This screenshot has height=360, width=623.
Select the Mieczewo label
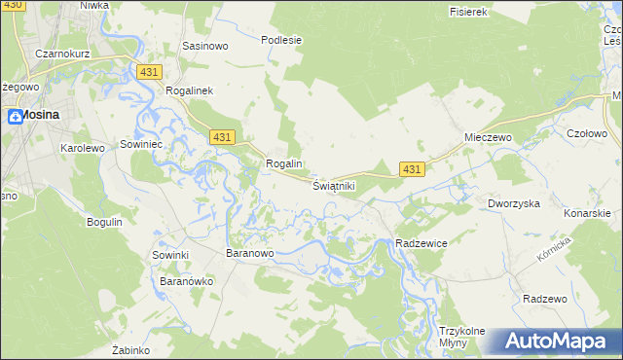[488, 138]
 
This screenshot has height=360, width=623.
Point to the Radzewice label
[421, 243]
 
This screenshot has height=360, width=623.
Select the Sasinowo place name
[204, 46]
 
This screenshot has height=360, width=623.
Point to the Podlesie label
[281, 40]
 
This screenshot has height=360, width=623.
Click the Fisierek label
[467, 12]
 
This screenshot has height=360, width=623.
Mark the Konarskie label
[587, 212]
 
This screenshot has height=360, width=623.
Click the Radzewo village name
[544, 299]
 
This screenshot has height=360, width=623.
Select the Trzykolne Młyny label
[461, 337]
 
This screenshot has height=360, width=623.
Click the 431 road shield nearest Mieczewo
[412, 169]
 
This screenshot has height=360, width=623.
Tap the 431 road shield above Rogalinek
[149, 73]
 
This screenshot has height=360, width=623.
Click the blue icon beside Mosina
[16, 117]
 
